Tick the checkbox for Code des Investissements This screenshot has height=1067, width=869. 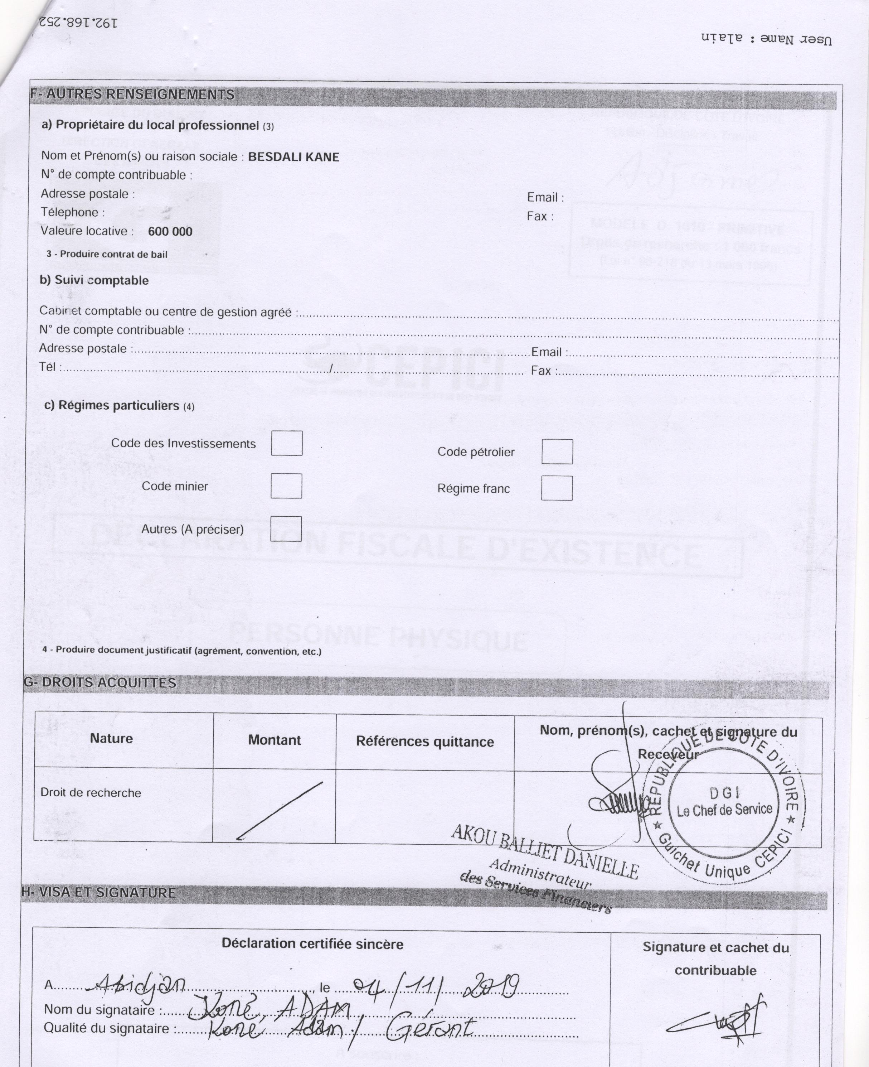coord(287,443)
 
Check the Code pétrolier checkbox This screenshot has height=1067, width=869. coord(557,452)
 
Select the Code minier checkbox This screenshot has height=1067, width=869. coord(286,486)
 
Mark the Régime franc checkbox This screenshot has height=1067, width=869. coord(557,488)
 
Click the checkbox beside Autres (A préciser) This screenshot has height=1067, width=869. coord(286,529)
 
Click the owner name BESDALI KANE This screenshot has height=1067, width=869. coord(293,157)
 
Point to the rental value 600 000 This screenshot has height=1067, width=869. coord(170,231)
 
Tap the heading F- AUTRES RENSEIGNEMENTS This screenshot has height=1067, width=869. coord(132,95)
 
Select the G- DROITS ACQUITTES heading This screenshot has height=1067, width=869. coord(100,683)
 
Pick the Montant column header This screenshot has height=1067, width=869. coord(274,740)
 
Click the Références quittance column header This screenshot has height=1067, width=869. coord(424,742)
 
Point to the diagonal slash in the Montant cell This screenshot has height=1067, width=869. coord(279,810)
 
